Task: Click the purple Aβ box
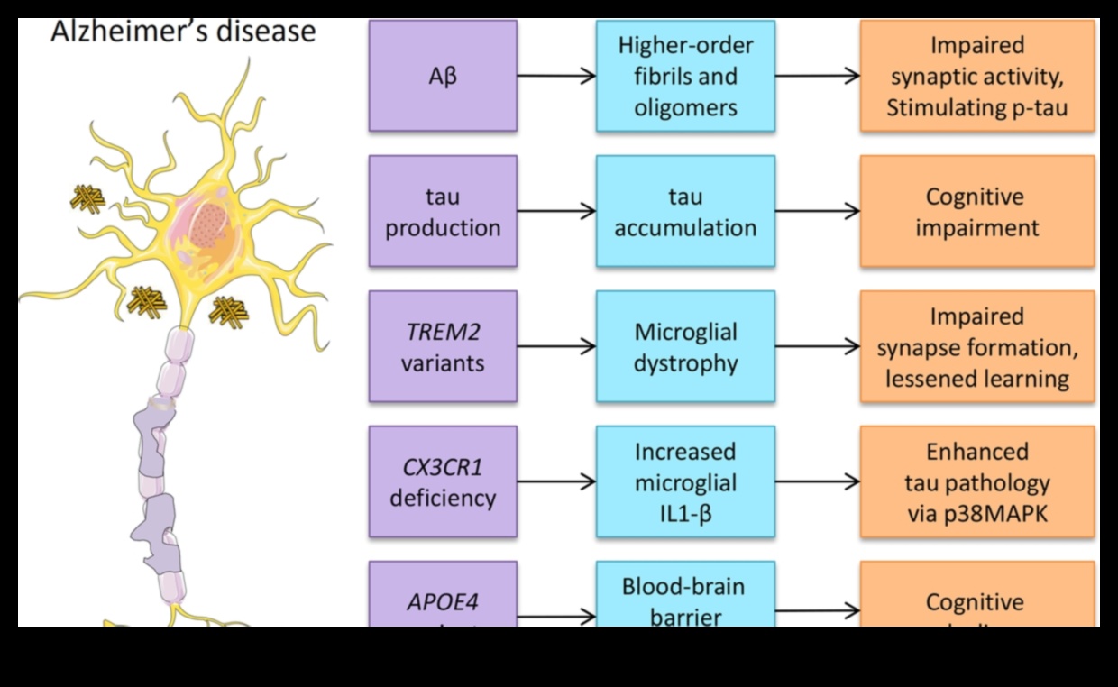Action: [x=443, y=76]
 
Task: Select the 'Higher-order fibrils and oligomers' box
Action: [x=685, y=76]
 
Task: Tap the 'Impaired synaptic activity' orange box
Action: [x=977, y=76]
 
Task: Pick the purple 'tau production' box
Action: [x=443, y=211]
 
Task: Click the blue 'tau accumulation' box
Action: [x=685, y=211]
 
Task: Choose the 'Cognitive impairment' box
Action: [x=977, y=211]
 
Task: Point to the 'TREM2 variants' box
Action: [x=443, y=346]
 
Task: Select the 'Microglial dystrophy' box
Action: [x=685, y=346]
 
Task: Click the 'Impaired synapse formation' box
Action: [x=977, y=346]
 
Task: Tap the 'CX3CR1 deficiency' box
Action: [x=443, y=481]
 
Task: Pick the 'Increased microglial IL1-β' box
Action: [x=685, y=481]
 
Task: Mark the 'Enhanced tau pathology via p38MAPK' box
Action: [x=977, y=481]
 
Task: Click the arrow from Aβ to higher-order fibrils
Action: [x=556, y=76]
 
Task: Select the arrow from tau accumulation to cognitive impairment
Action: [x=817, y=211]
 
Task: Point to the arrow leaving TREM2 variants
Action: [x=556, y=346]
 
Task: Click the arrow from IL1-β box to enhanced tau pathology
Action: [x=817, y=481]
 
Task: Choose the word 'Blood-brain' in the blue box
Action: [x=683, y=587]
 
